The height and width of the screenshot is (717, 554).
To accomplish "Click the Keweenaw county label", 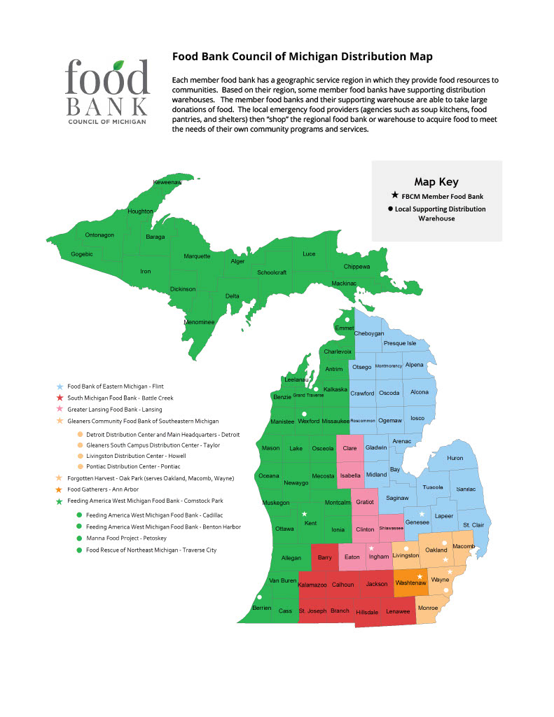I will (x=167, y=183).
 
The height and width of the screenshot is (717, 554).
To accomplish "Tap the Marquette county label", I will (x=197, y=256).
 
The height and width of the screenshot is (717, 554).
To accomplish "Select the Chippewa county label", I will (x=356, y=267).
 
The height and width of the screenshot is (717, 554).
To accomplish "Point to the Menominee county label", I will (x=199, y=322).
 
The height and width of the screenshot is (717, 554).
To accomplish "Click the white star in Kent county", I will (x=305, y=514).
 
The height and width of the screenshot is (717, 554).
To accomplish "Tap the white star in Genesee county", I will (x=421, y=515).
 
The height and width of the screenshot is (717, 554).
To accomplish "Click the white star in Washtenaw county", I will (x=420, y=576).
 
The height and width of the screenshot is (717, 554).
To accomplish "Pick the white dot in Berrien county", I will (x=259, y=597).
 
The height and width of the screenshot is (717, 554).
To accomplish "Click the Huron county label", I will (x=455, y=459).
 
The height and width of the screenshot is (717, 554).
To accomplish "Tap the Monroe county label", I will (x=427, y=608).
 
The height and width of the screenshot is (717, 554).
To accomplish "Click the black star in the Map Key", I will (x=395, y=196).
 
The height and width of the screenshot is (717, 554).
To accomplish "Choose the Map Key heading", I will (x=436, y=181).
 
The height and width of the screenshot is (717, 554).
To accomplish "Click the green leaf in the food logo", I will (x=122, y=64).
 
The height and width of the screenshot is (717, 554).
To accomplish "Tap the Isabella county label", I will (x=349, y=475).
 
